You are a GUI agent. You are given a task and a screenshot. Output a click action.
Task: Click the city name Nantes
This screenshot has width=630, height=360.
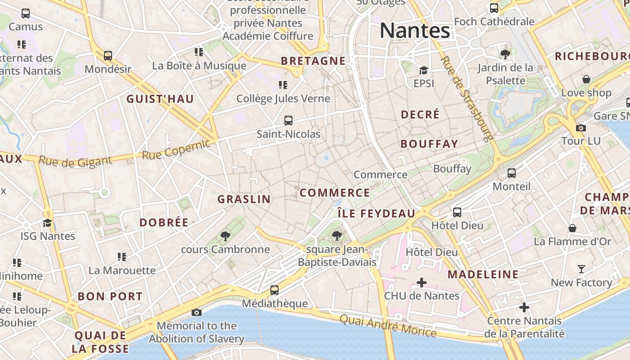[x=414, y=31]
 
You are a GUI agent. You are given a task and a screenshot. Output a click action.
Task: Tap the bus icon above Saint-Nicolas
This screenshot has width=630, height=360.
[x=288, y=121]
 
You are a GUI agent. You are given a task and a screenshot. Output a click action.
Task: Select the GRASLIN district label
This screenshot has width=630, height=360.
[x=244, y=199]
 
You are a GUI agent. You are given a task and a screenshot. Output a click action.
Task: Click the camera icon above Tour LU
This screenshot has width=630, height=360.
[x=581, y=128]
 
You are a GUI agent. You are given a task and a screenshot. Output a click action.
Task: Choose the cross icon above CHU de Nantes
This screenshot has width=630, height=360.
[x=422, y=283]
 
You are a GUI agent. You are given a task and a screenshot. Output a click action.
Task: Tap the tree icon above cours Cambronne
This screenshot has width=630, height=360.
[x=225, y=236]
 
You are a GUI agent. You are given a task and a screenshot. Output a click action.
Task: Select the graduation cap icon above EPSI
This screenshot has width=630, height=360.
[x=423, y=70]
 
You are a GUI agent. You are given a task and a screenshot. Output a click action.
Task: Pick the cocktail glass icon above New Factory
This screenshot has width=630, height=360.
[x=581, y=269]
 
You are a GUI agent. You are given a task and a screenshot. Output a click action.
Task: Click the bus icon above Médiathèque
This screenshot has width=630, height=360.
[x=274, y=290]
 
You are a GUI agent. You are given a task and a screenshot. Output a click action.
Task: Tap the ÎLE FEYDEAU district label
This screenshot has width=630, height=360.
[x=376, y=214]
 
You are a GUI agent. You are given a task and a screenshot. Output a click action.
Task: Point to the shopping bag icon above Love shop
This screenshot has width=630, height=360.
[x=586, y=79]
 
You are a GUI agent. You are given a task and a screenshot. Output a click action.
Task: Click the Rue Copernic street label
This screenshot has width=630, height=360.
[x=176, y=149]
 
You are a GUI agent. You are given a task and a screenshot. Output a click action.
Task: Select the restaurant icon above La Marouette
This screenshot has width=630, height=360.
[x=122, y=256]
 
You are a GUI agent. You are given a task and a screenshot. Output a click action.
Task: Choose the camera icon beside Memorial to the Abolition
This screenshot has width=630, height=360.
[x=197, y=312]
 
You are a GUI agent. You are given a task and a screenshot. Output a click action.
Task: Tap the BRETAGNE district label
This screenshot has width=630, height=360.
[x=313, y=61]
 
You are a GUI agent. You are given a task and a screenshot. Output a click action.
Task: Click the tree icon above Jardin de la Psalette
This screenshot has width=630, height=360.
[x=505, y=54]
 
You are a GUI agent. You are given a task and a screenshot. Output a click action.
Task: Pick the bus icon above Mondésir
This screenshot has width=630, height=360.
[x=108, y=56]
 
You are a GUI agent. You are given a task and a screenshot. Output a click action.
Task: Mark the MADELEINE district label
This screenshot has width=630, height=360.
[x=483, y=274]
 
